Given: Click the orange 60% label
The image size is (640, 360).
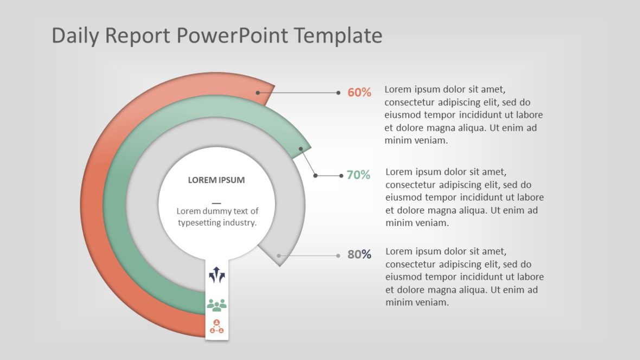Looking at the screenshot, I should point(359,93).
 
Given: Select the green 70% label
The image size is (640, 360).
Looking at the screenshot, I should point(358,175).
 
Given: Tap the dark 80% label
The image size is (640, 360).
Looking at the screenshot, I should point(359,254).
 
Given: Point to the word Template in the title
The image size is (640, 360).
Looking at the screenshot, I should point(338,36).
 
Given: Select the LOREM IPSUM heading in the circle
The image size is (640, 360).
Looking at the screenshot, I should point(216,180).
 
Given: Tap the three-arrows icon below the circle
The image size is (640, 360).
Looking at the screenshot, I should point(216,275).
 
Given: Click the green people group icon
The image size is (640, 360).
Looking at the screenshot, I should point(216,305).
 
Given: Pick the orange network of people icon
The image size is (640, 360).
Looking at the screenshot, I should point(216,326).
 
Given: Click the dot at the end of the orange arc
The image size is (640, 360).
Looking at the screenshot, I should point(258,93).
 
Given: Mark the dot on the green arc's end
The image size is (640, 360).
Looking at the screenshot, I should point(301,148).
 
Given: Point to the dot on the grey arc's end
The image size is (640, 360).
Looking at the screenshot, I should point(279,255).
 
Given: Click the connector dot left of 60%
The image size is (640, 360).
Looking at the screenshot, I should point(338,93).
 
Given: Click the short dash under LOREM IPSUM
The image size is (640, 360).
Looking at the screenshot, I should point(216,202).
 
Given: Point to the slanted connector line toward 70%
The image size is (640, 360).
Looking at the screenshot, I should point(308,162).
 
